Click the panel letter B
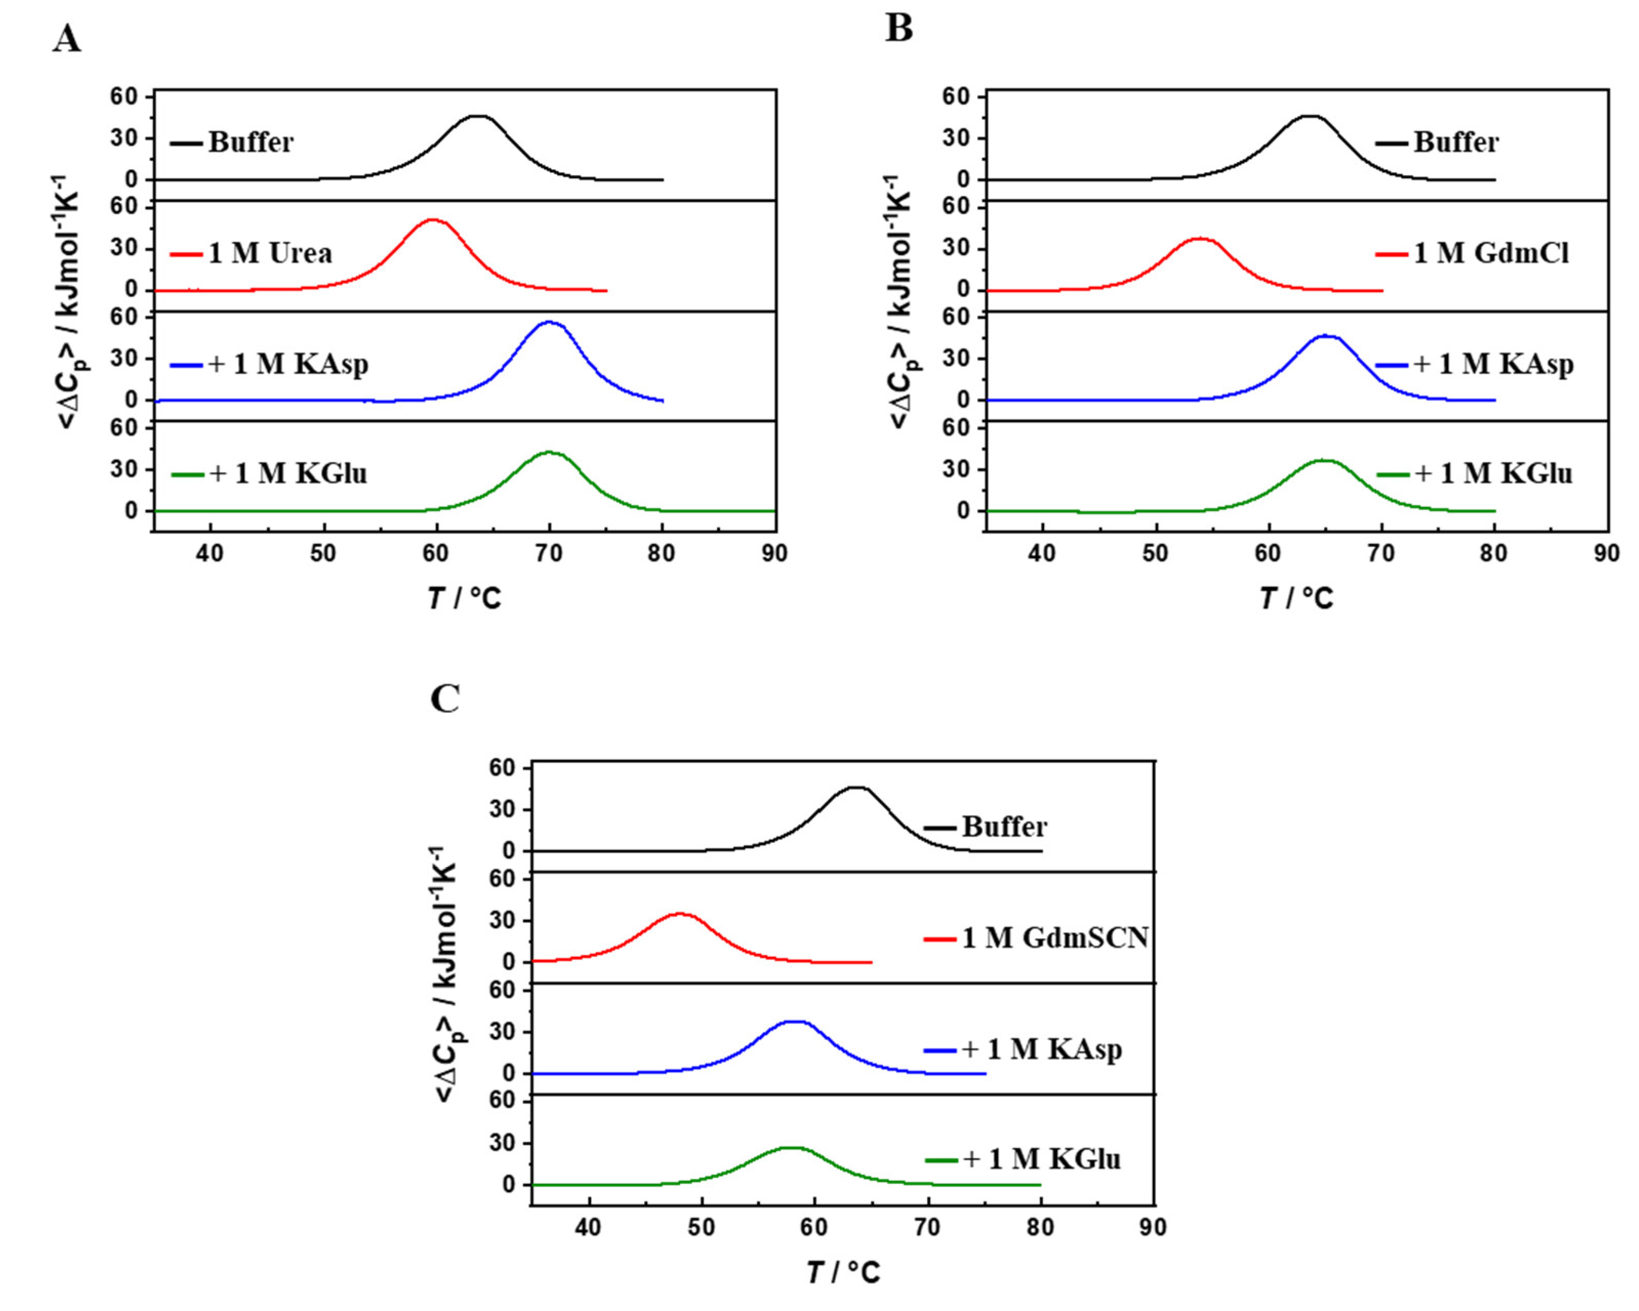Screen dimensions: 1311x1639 899,29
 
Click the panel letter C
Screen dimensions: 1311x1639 445,699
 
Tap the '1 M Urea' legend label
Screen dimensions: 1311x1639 270,253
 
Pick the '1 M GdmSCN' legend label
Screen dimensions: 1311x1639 1054,938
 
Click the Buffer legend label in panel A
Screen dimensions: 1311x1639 251,142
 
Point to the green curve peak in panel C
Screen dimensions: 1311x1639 792,1148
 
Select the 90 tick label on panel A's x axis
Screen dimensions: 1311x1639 774,554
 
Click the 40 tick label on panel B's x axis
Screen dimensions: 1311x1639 1042,554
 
